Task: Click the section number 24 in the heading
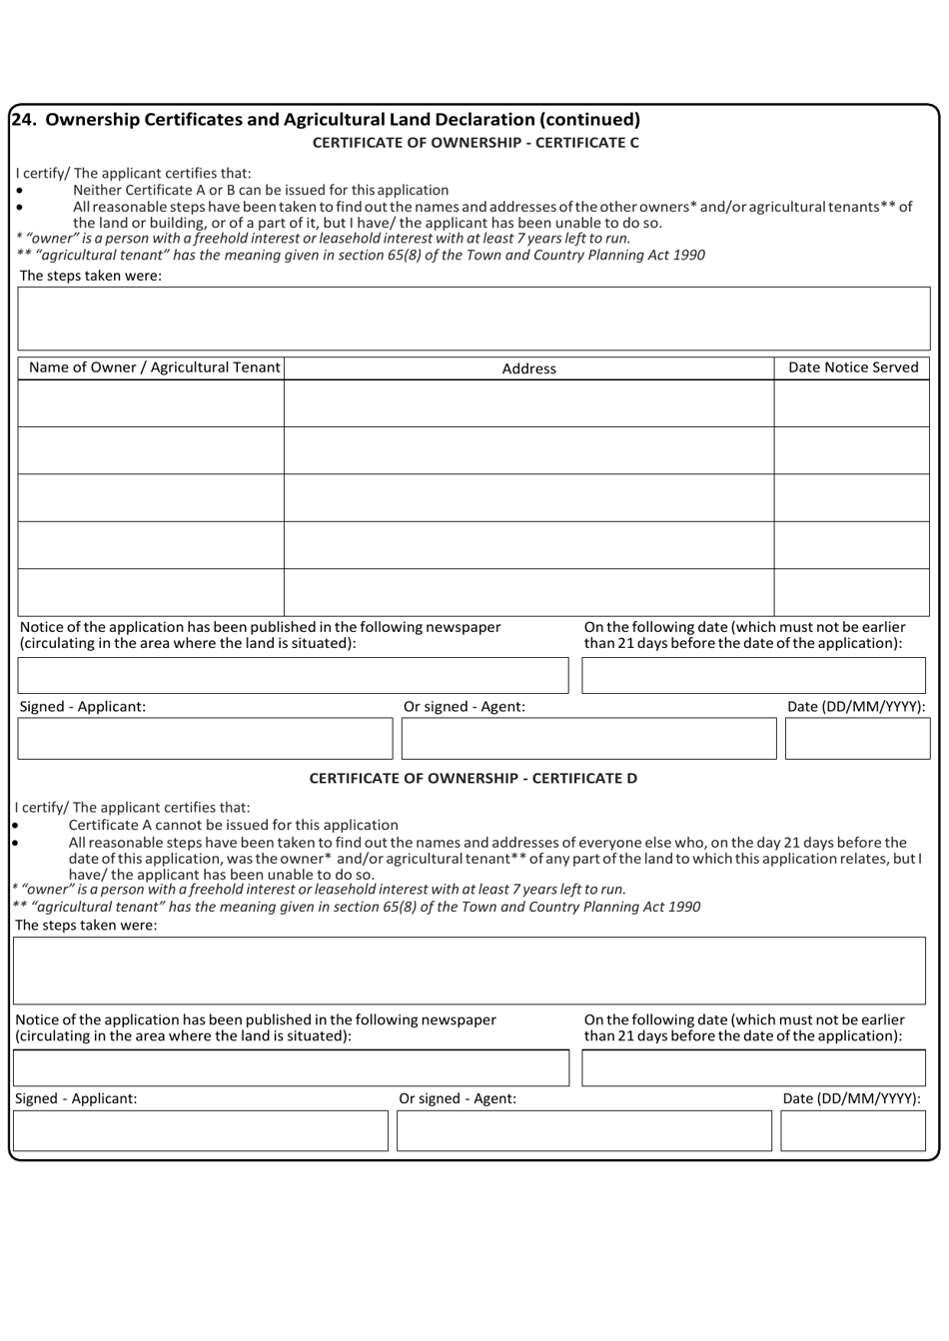pos(23,120)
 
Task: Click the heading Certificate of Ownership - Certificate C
pos(475,143)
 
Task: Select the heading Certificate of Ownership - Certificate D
pos(473,778)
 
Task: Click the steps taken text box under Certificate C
pos(474,319)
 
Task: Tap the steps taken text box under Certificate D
pos(469,971)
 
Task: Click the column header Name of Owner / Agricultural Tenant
pos(153,367)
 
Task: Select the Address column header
pos(528,368)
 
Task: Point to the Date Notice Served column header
pos(852,367)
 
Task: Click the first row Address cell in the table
pos(528,403)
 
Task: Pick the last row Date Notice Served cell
pos(852,592)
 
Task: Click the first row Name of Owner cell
pos(151,403)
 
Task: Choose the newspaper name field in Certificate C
pos(293,676)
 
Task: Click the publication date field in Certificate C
pos(753,676)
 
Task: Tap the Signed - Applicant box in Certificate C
pos(205,739)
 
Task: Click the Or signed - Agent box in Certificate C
pos(588,739)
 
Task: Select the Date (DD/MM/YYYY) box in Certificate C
pos(857,739)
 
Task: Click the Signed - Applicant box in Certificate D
pos(200,1131)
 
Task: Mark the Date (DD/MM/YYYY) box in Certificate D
pos(852,1131)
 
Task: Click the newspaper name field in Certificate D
pos(291,1068)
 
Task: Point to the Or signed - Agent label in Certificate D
pos(458,1098)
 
